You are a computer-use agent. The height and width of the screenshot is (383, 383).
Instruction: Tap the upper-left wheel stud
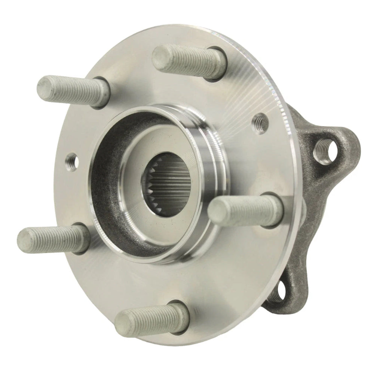(x=73, y=90)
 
